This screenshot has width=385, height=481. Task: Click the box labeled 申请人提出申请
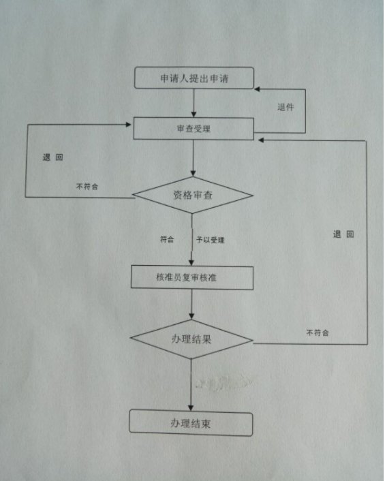pos(194,78)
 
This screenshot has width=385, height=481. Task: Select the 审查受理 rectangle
pos(194,129)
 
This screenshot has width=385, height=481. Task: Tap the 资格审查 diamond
pos(193,195)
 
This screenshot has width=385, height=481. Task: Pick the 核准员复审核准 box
pos(192,277)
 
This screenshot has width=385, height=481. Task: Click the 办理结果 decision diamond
pos(191,339)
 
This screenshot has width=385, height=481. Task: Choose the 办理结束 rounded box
pos(191,423)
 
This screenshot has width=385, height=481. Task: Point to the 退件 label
pos(286,107)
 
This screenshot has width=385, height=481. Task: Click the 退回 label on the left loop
pos(52,157)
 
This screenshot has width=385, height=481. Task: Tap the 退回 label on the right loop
pos(343,234)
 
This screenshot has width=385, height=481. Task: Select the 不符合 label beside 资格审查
pos(87,187)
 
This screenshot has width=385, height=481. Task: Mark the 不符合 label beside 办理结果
pos(318,333)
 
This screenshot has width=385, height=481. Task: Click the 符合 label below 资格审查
pos(167,239)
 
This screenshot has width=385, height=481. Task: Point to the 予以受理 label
pos(211,240)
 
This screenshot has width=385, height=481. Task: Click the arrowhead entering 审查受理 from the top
pos(194,114)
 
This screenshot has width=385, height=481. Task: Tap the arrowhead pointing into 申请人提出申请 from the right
pos(258,89)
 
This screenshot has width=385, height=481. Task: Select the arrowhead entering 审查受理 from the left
pos(129,124)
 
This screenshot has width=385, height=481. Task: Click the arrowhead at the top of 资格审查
pos(193,173)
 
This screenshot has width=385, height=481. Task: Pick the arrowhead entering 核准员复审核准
pos(191,262)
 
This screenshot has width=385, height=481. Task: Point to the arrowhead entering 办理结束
pos(191,407)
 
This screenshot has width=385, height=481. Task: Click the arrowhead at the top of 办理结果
pos(191,316)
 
